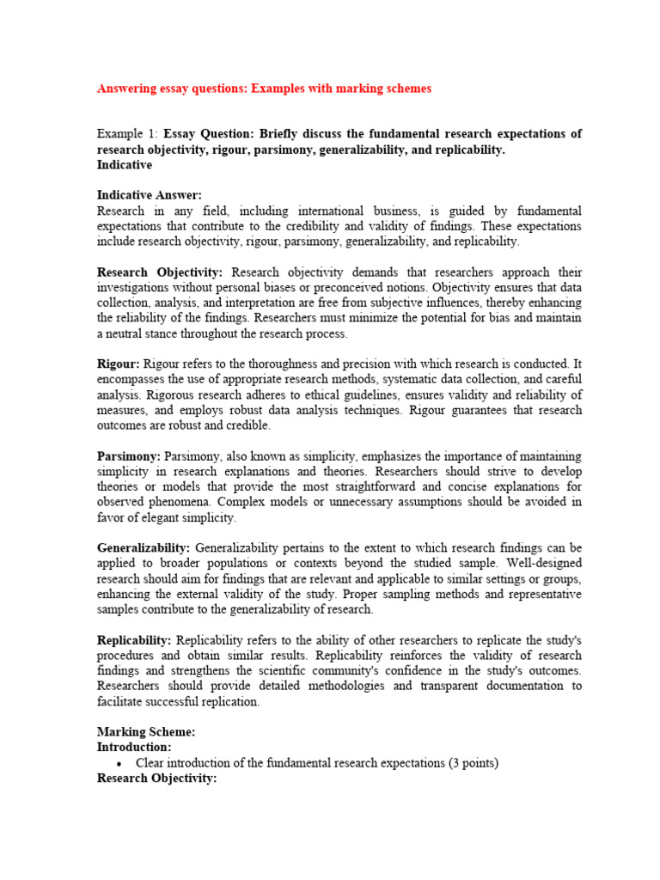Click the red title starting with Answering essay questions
point(264,89)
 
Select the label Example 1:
point(127,134)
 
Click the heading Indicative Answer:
point(150,195)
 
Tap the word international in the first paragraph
point(331,211)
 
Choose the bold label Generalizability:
point(144,547)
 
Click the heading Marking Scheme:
point(146,732)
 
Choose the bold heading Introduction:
point(134,748)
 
